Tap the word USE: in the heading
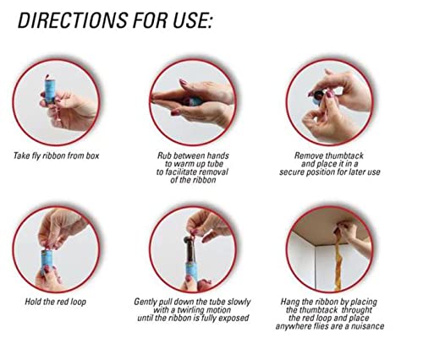point(192,20)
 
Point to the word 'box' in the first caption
point(92,155)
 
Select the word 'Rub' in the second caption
point(164,155)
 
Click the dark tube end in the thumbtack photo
point(319,97)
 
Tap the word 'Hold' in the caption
point(32,302)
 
